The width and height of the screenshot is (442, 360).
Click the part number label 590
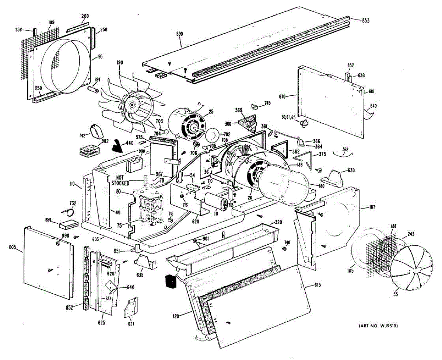coord(180,34)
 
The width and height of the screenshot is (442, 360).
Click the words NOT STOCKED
coord(120,180)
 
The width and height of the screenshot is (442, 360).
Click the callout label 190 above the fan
coord(120,63)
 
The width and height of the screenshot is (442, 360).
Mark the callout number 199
coord(51,22)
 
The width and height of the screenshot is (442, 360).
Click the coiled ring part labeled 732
coord(69,212)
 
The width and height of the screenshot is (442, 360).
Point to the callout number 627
coord(131,324)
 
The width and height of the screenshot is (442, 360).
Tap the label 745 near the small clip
coord(267,103)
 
